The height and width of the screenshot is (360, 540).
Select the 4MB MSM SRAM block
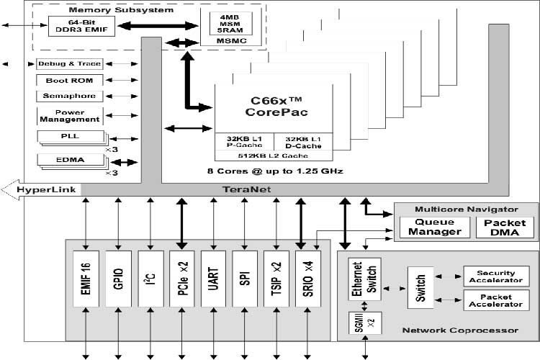(225, 23)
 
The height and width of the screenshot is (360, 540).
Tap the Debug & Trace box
(69, 63)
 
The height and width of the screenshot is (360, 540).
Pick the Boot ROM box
(69, 80)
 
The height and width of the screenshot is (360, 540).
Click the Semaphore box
(69, 96)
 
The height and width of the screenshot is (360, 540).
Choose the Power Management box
(69, 115)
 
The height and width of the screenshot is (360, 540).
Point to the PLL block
(69, 136)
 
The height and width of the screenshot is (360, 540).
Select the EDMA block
(69, 160)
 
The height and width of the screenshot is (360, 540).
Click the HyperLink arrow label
(43, 189)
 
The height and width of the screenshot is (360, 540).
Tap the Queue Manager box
(435, 227)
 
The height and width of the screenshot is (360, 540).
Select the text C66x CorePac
(273, 107)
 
